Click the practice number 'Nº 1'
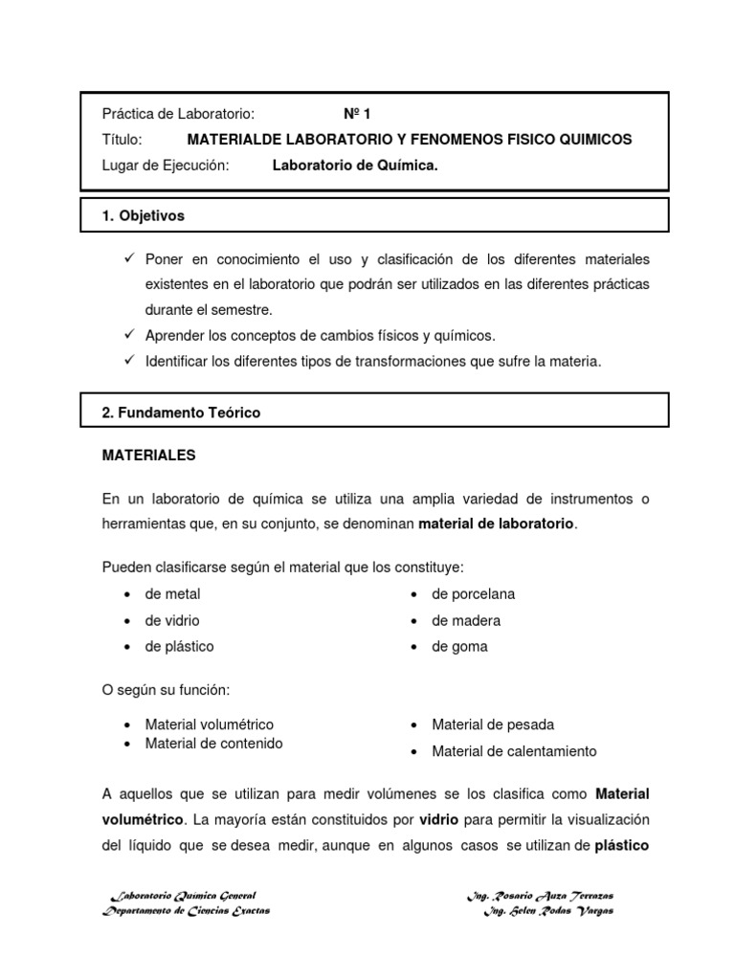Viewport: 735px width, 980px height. click(357, 113)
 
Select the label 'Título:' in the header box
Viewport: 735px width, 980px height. click(122, 140)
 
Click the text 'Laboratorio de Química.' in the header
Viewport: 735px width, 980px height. click(355, 167)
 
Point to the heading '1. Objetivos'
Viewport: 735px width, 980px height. click(143, 216)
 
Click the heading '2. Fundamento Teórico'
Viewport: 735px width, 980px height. click(181, 412)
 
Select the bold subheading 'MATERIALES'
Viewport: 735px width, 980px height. click(148, 456)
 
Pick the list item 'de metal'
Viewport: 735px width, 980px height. click(172, 594)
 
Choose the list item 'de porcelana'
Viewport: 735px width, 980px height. click(473, 594)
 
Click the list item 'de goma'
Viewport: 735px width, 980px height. click(459, 647)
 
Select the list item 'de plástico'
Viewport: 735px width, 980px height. click(179, 647)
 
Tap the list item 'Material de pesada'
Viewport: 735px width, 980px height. click(493, 724)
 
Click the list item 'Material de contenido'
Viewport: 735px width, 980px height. click(213, 744)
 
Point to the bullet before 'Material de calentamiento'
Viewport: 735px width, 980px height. click(414, 752)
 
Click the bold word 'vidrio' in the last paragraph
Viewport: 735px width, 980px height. click(438, 820)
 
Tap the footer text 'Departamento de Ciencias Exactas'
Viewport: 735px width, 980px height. click(187, 911)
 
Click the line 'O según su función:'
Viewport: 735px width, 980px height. click(166, 690)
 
